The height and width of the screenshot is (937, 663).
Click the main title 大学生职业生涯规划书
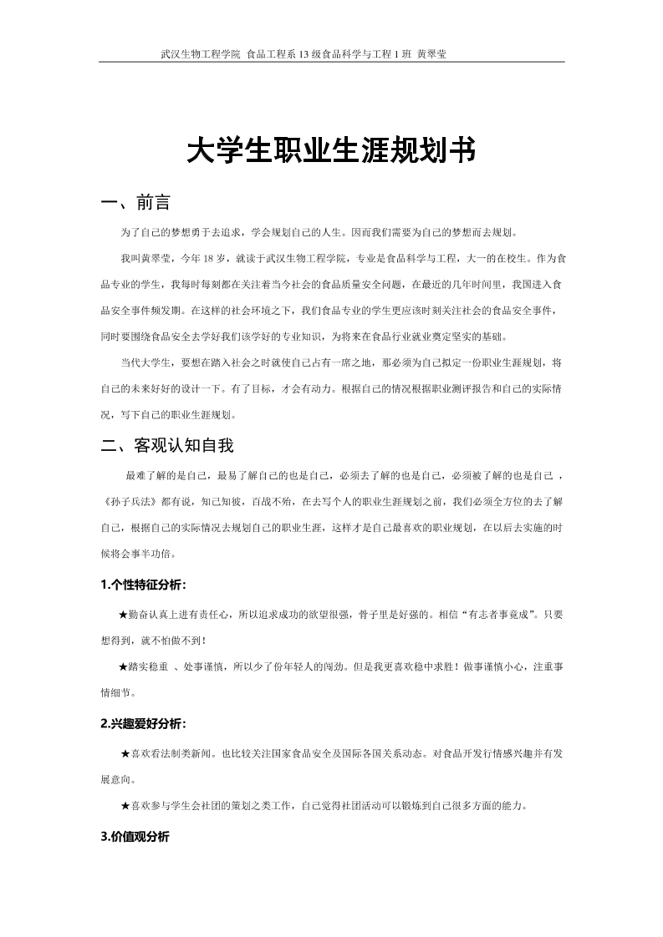[x=331, y=151]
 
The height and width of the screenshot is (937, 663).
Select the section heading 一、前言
[x=135, y=203]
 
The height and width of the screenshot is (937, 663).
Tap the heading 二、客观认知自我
[x=166, y=445]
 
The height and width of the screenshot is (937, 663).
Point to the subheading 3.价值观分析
[x=135, y=836]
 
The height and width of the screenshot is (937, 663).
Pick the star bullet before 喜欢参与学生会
[x=125, y=806]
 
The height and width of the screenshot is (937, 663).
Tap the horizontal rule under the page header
[x=331, y=63]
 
